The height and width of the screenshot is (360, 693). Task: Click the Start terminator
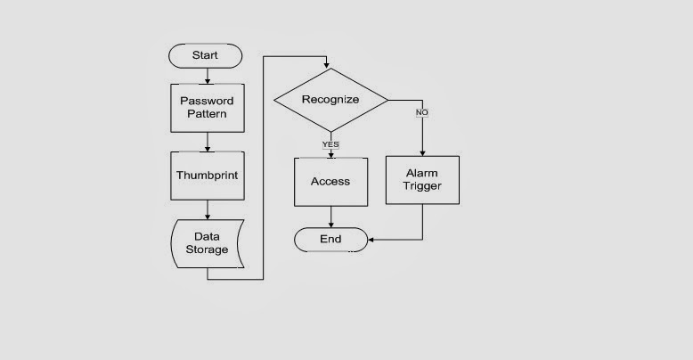click(206, 55)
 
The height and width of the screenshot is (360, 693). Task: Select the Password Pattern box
click(207, 107)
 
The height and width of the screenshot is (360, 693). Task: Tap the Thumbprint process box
click(207, 175)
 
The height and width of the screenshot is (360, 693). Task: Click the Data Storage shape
click(207, 241)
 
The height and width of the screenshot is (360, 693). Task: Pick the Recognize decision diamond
click(330, 100)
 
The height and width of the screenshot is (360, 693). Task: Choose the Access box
click(330, 182)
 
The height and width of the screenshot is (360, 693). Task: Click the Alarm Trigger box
click(422, 181)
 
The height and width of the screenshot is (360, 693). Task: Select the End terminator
click(330, 239)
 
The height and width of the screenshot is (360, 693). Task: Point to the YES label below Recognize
click(330, 144)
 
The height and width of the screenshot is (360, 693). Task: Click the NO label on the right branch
click(422, 113)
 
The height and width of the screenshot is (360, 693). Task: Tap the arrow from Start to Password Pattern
click(207, 76)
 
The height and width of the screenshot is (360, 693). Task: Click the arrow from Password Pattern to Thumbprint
click(207, 141)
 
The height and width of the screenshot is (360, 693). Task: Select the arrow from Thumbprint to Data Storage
click(207, 209)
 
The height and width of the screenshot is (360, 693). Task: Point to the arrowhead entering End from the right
click(371, 239)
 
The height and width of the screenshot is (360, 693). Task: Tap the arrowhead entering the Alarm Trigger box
click(422, 152)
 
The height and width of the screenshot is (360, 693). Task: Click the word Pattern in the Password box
click(207, 115)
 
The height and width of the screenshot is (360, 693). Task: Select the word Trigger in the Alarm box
click(422, 188)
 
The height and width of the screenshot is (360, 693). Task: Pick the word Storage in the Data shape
click(207, 250)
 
